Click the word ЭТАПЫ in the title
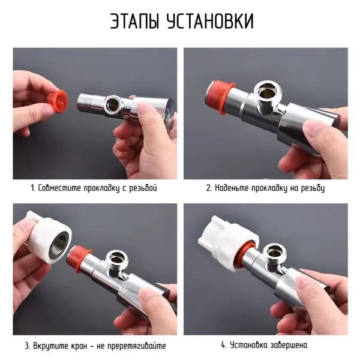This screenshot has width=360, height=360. click(134, 21)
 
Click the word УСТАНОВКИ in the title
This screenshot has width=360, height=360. click(211, 21)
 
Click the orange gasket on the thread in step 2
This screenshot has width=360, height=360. click(220, 97)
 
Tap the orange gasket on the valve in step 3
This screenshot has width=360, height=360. click(79, 258)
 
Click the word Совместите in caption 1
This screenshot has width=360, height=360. click(59, 188)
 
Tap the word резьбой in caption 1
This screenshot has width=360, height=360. click(143, 188)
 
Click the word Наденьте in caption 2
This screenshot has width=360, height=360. click(232, 188)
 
